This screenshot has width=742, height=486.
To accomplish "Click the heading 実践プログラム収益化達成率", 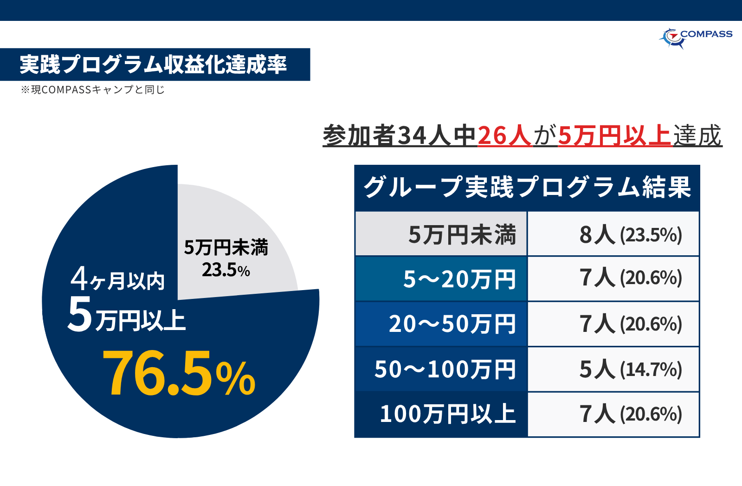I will tap(153, 65).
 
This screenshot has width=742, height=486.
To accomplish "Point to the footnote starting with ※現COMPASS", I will tap(93, 90).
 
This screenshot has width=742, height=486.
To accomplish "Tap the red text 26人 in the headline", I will tap(504, 136).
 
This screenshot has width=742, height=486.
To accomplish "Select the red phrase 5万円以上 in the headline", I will tap(614, 136).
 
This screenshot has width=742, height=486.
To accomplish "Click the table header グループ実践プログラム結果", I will tap(527, 188).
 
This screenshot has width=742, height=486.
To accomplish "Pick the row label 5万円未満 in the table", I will tap(462, 234).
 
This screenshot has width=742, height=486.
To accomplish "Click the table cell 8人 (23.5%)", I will tap(630, 234).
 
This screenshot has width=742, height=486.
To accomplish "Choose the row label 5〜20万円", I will tap(459, 279).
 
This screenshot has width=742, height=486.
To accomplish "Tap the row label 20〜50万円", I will tap(452, 324).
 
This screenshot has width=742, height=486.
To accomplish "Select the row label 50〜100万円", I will tap(445, 369).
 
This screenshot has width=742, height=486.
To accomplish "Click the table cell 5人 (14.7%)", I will tap(630, 369).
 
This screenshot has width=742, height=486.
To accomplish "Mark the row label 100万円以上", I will tap(447, 414).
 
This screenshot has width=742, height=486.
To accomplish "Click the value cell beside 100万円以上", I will tap(630, 414).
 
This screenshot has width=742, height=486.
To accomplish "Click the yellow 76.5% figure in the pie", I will tap(179, 374).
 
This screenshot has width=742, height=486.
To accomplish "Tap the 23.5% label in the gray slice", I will tap(226, 270).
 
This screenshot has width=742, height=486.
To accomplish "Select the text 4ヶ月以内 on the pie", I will tap(118, 279).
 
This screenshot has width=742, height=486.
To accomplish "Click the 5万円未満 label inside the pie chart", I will tap(226, 247).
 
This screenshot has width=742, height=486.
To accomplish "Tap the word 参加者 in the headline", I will tap(359, 136).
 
